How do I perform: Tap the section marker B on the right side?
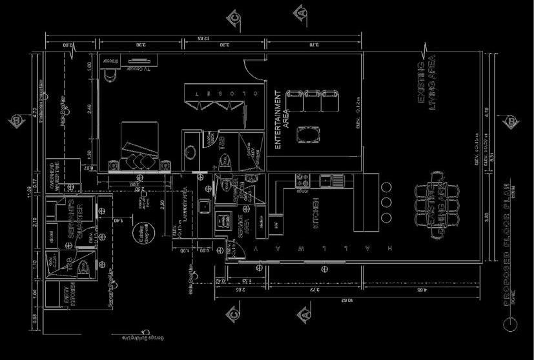click(510, 121)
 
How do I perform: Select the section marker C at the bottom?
click(234, 315)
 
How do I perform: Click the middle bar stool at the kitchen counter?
click(385, 201)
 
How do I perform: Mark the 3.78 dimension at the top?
click(314, 45)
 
